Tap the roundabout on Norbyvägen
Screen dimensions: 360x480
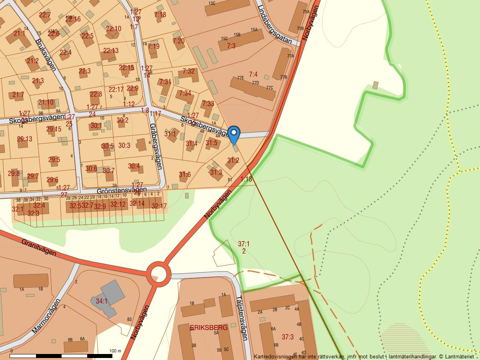pos(159,274)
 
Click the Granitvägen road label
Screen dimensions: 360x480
pos(39,248)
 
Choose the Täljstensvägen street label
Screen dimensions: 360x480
pos(242,318)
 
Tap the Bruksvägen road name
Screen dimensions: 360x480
pos(45,54)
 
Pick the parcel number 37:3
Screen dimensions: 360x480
pos(288,337)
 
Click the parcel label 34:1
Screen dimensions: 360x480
pos(101,301)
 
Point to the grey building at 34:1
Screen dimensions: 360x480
pos(108,296)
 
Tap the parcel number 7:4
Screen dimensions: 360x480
pos(253,74)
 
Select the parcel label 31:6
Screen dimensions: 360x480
pos(185,174)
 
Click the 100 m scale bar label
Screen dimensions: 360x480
pos(115,351)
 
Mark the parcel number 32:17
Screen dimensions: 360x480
pos(160,206)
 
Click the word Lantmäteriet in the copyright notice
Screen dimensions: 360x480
pos(459,356)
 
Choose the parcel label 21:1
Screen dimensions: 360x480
pos(19,34)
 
